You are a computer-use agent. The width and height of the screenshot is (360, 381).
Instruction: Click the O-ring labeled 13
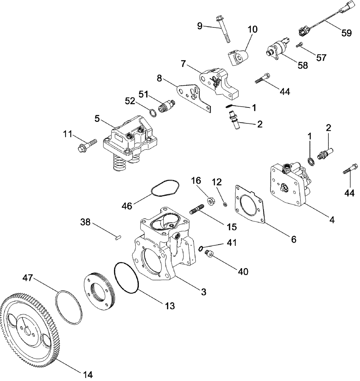click(x=127, y=278)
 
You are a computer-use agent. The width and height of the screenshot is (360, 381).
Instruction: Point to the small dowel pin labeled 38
click(x=118, y=237)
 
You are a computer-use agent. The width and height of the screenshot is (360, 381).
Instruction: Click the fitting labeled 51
click(x=166, y=104)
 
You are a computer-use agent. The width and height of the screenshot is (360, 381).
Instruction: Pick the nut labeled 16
click(x=210, y=200)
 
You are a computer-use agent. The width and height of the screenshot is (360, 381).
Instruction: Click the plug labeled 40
click(x=209, y=254)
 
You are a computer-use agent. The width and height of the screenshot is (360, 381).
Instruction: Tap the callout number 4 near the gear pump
click(x=332, y=219)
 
